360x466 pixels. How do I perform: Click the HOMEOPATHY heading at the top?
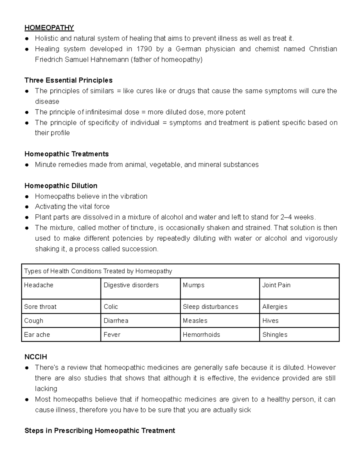[x=49, y=28]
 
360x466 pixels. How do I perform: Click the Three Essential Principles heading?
[x=68, y=80]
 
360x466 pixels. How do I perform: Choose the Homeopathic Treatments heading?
[x=66, y=154]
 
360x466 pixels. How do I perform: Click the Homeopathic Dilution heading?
[x=61, y=186]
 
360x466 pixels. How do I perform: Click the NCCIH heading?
[x=36, y=357]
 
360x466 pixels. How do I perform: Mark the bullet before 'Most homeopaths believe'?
[x=27, y=400]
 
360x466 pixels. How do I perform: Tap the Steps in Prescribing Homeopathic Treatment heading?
[x=100, y=431]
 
